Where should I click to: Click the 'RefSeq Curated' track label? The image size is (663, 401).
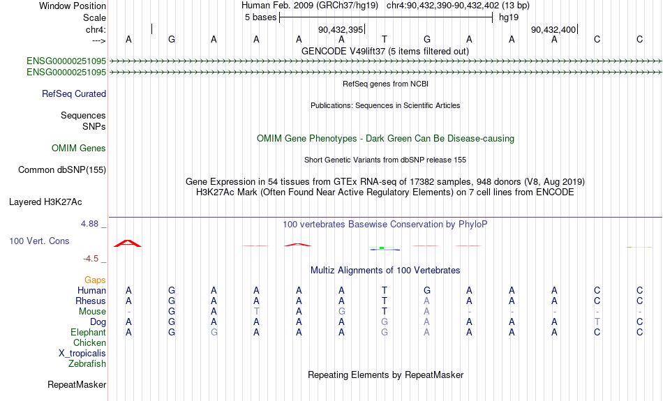[74, 94]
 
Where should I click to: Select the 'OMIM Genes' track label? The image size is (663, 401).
[79, 149]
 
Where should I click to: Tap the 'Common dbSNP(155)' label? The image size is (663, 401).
[62, 170]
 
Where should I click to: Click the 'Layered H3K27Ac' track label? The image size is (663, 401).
[45, 202]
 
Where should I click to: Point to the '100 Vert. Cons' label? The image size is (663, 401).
[39, 241]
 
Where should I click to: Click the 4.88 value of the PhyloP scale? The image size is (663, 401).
[89, 224]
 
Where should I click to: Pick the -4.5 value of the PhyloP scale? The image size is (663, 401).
[91, 259]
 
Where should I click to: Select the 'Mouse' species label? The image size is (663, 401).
[92, 312]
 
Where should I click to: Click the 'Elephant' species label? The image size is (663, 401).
[89, 333]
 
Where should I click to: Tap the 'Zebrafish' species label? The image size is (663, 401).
[87, 364]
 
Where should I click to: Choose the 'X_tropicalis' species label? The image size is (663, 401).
[82, 354]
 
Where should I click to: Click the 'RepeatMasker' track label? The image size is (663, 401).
[77, 384]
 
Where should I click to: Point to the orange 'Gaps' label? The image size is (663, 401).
[95, 280]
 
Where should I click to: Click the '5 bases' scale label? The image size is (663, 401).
[260, 17]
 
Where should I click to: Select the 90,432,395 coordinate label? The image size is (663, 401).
[341, 29]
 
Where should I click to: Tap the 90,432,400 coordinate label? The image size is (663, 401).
[553, 29]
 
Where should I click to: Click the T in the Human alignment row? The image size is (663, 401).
[385, 290]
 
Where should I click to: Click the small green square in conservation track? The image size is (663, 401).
[382, 248]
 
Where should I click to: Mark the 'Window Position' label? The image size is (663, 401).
[73, 6]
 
